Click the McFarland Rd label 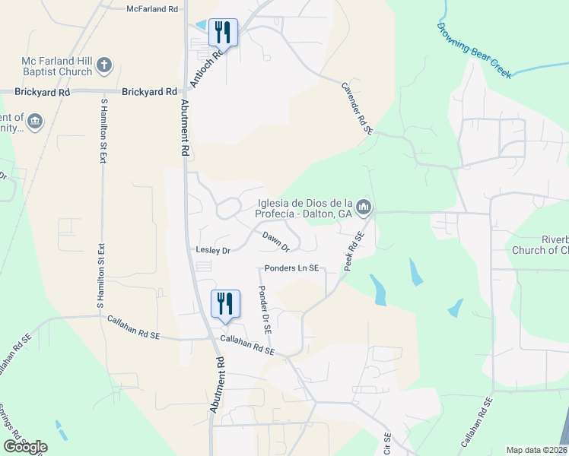(153, 8)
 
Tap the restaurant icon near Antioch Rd (222, 32)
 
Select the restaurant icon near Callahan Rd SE (225, 304)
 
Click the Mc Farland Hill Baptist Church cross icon (105, 67)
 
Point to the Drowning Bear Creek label (474, 50)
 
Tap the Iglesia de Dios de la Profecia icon (364, 207)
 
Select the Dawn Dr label (276, 242)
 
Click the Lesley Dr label (213, 249)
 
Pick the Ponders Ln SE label (291, 268)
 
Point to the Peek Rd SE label (355, 252)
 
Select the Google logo (25, 446)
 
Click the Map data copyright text (536, 450)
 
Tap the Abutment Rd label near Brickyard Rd (184, 128)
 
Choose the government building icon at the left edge (34, 121)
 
